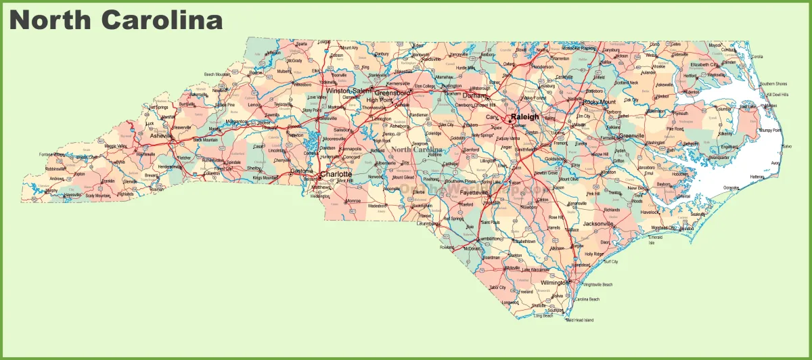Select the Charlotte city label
point(336,174)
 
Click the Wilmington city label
point(554,283)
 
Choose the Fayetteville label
point(474,193)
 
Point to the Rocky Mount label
point(600,102)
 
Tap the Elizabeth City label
point(704,65)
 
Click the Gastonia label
point(302,171)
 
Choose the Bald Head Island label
point(579,320)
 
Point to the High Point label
point(379,100)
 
